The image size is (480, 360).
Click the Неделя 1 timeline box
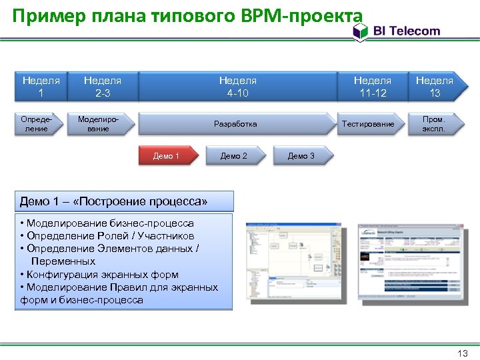pyautogui.click(x=41, y=87)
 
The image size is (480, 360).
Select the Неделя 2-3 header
pyautogui.click(x=102, y=87)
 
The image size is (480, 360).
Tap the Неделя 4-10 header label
pyautogui.click(x=237, y=87)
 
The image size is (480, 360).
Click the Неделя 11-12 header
pyautogui.click(x=372, y=87)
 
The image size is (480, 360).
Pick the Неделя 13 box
pyautogui.click(x=435, y=87)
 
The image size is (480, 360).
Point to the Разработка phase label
pyautogui.click(x=235, y=123)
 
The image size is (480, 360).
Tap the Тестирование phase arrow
pyautogui.click(x=368, y=123)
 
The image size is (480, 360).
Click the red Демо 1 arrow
pyautogui.click(x=167, y=156)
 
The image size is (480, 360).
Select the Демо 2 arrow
pyautogui.click(x=234, y=156)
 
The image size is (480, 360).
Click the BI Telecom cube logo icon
pyautogui.click(x=361, y=31)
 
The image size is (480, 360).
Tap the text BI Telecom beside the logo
pyautogui.click(x=407, y=31)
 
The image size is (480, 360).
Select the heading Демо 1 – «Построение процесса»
pyautogui.click(x=114, y=201)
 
